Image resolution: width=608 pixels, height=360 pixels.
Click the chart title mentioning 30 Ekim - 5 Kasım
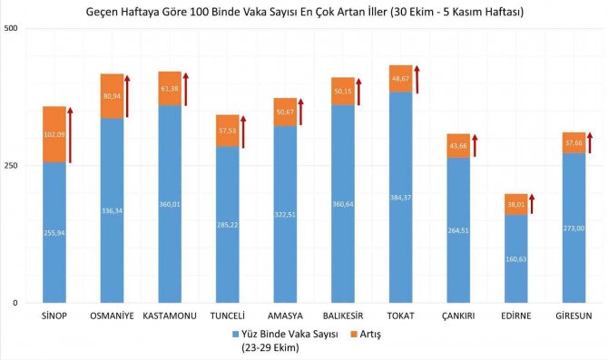pyautogui.click(x=303, y=13)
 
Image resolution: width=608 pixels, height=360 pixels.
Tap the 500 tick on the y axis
pyautogui.click(x=12, y=29)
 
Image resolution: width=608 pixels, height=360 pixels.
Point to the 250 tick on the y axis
pyautogui.click(x=12, y=166)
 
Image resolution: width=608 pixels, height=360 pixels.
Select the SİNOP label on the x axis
pyautogui.click(x=54, y=317)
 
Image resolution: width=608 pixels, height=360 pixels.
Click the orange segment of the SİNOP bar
pyautogui.click(x=54, y=133)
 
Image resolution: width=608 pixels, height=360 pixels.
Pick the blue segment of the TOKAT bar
pyautogui.click(x=400, y=218)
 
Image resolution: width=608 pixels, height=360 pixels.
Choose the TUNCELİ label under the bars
pyautogui.click(x=227, y=317)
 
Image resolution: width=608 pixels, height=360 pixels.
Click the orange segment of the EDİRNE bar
pyautogui.click(x=516, y=204)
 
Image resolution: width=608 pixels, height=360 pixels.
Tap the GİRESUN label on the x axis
pyautogui.click(x=574, y=317)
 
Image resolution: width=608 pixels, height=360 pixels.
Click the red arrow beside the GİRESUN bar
pyautogui.click(x=590, y=142)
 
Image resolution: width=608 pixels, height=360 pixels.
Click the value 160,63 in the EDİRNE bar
pyautogui.click(x=516, y=258)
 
